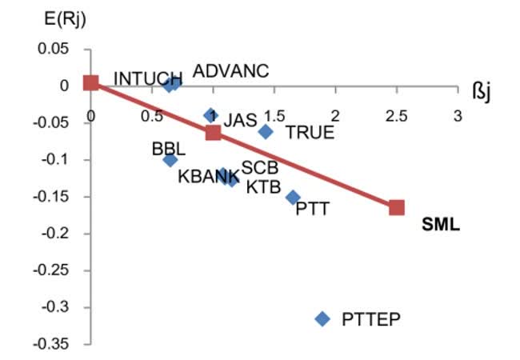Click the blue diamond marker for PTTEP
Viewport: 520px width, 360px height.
pos(322,318)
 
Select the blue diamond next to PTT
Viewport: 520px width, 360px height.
pos(293,197)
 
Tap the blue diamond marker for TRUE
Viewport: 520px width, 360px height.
pos(266,131)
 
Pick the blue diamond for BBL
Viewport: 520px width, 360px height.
pos(170,160)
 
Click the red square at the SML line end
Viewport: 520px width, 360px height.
pos(397,207)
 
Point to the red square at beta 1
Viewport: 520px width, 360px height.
pos(213,132)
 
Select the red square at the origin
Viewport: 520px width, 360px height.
pos(91,82)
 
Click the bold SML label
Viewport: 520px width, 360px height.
pos(441,225)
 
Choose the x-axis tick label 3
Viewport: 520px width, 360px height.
pos(458,116)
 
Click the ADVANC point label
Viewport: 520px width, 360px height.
pos(231,71)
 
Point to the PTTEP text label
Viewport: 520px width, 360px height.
pos(371,319)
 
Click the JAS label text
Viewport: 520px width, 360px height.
pos(240,120)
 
